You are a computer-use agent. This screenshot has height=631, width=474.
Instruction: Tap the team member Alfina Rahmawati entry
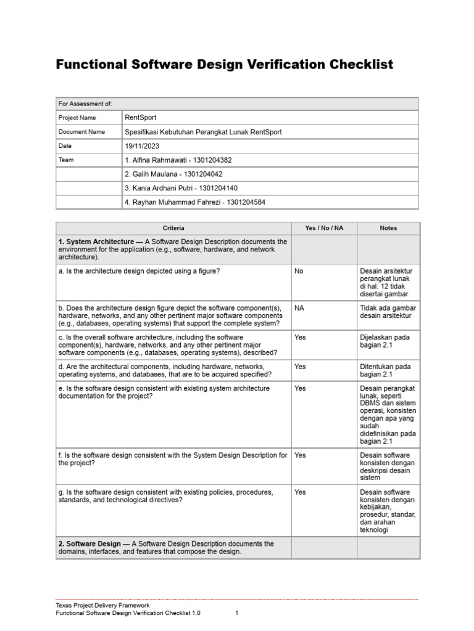tap(178, 160)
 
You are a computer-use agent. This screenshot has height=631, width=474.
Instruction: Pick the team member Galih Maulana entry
tap(173, 174)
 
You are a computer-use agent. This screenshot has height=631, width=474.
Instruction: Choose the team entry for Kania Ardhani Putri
tap(181, 189)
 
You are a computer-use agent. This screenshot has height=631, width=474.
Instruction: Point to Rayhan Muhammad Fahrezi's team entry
tap(195, 203)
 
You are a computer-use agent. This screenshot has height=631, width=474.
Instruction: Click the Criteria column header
tap(173, 228)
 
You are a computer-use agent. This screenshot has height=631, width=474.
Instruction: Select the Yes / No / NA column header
tap(324, 228)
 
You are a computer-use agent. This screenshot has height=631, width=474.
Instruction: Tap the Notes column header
tap(388, 228)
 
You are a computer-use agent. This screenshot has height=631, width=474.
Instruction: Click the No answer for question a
tap(299, 271)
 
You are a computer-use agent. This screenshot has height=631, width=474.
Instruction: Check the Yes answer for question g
tap(301, 492)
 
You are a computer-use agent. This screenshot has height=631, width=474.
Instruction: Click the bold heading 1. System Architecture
tap(96, 242)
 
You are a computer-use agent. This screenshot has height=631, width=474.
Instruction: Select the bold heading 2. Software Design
tap(89, 544)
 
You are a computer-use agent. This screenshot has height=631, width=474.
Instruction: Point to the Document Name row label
tap(81, 132)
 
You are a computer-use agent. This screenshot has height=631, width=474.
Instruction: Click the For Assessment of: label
tap(85, 104)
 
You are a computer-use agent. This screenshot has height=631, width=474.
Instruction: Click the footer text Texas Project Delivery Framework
tap(102, 606)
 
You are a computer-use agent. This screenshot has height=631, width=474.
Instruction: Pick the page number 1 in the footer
tap(237, 614)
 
